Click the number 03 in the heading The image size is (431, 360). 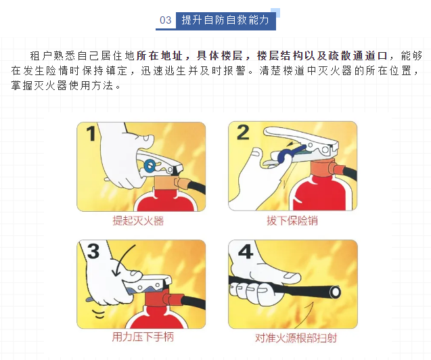[166, 20]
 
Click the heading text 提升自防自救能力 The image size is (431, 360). [225, 20]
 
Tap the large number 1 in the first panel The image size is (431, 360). [91, 133]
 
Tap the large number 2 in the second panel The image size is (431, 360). [243, 133]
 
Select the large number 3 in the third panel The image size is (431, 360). [93, 251]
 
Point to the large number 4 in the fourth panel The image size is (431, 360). [245, 251]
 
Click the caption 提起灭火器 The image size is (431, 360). [138, 221]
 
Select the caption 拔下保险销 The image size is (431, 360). [292, 221]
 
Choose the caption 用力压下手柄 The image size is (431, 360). [143, 337]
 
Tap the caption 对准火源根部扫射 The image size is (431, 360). [296, 338]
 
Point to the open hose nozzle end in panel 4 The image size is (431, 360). [336, 292]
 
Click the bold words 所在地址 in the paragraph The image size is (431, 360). [160, 55]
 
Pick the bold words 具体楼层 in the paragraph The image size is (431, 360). [220, 55]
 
